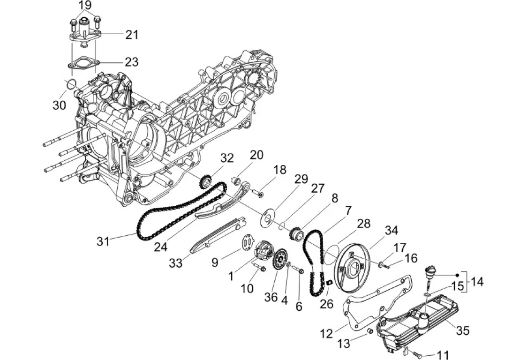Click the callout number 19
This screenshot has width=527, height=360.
click(x=85, y=6)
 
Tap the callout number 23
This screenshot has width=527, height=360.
click(x=131, y=62)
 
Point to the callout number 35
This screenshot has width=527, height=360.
click(x=462, y=330)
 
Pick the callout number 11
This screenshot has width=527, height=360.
click(x=443, y=354)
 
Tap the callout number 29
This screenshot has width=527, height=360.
click(x=301, y=179)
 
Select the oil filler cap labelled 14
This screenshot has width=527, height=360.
click(x=430, y=272)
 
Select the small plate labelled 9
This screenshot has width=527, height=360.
click(x=248, y=242)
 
